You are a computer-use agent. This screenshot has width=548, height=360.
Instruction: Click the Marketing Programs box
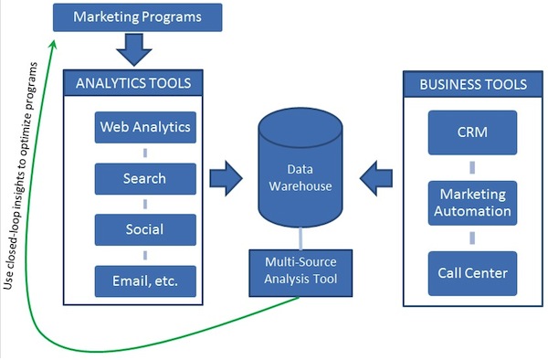tap(139, 16)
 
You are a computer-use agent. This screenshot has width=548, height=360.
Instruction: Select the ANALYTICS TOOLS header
tap(132, 83)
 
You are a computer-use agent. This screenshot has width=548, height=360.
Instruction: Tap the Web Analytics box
tap(145, 127)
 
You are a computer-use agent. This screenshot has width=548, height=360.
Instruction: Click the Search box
tap(145, 178)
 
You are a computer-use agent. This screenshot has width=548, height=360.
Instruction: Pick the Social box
tap(145, 229)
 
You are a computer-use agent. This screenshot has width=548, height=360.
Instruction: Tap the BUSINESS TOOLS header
tap(472, 84)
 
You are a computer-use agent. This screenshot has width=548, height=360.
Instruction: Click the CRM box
tap(472, 132)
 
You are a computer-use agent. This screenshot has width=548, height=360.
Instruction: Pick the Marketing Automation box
tap(472, 203)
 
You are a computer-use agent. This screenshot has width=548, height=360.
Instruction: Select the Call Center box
tap(472, 272)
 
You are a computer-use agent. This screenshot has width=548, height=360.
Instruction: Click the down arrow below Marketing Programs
tap(135, 48)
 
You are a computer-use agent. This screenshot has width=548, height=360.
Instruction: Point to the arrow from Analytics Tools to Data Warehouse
tap(222, 176)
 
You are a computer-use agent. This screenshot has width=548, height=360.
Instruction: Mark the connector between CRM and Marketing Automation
tap(472, 167)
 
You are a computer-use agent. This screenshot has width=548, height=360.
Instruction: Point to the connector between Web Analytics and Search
tap(145, 153)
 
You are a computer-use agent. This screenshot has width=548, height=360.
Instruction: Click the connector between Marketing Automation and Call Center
tap(472, 238)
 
